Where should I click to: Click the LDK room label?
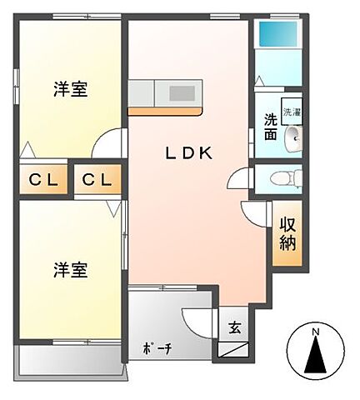(x=187, y=153)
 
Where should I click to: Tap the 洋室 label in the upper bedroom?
(x=71, y=90)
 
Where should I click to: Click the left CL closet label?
(x=41, y=179)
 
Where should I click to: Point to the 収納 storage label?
(x=287, y=233)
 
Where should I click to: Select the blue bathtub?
(x=277, y=34)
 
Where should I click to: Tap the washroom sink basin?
(x=292, y=139)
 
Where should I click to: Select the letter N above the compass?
(x=315, y=335)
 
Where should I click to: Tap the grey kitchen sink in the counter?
(x=182, y=92)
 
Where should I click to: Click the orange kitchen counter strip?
(x=167, y=110)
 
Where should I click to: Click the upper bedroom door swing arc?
(x=107, y=143)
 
